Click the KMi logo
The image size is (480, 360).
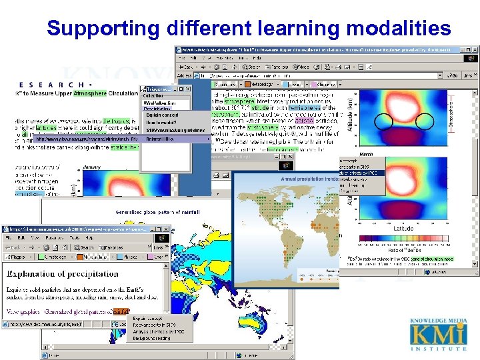tap(439, 333)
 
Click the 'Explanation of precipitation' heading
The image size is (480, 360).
tap(62, 273)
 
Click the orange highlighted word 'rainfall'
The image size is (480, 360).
tap(121, 311)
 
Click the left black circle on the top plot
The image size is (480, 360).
tap(384, 121)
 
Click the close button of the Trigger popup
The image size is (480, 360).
tap(187, 89)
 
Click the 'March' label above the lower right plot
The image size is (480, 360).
tap(365, 154)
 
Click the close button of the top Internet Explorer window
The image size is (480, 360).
tap(474, 49)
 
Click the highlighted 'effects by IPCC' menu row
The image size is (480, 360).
tap(361, 172)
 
